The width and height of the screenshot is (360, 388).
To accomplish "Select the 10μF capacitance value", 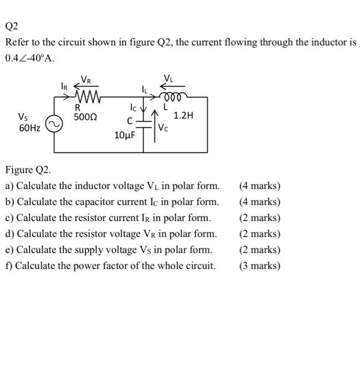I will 125,135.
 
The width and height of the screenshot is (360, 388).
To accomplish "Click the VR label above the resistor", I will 87,79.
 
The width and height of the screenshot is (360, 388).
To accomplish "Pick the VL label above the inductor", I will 169,77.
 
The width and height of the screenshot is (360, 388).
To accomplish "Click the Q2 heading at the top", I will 11,26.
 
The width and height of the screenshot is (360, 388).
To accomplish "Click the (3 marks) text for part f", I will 260,266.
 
